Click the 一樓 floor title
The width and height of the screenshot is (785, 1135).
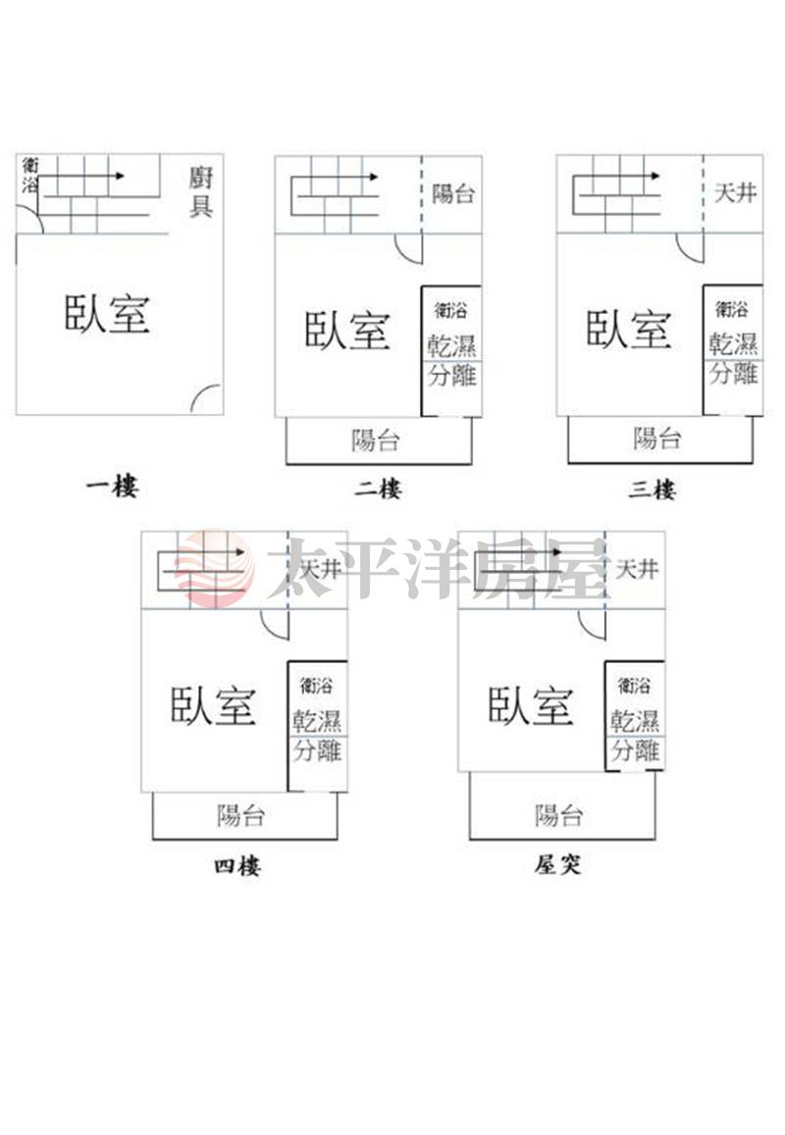pos(112,487)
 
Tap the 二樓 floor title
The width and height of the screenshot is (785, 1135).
pos(378,489)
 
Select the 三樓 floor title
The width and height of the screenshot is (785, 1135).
pos(653,490)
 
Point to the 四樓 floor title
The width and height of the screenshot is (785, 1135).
pos(236,865)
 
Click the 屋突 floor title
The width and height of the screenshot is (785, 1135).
pos(557,863)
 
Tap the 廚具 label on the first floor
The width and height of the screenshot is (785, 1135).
pos(200,192)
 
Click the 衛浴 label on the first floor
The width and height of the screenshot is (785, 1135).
pos(29,176)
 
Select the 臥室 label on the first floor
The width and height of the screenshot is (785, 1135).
pos(107,314)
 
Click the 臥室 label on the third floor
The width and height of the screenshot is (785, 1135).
pos(629,330)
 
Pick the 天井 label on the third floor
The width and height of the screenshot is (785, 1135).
pos(735,193)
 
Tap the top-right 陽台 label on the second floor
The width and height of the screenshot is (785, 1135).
pos(453,193)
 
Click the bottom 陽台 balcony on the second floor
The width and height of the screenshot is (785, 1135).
pos(379,440)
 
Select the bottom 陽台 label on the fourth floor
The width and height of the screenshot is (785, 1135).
pos(241,816)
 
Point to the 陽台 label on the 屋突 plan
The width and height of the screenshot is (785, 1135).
pos(558,816)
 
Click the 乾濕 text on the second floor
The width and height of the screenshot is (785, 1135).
pos(452,345)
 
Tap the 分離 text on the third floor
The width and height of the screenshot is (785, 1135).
pos(734,374)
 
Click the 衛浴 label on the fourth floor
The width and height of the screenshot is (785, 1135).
pos(317,684)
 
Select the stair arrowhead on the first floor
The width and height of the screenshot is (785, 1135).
pos(121,176)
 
